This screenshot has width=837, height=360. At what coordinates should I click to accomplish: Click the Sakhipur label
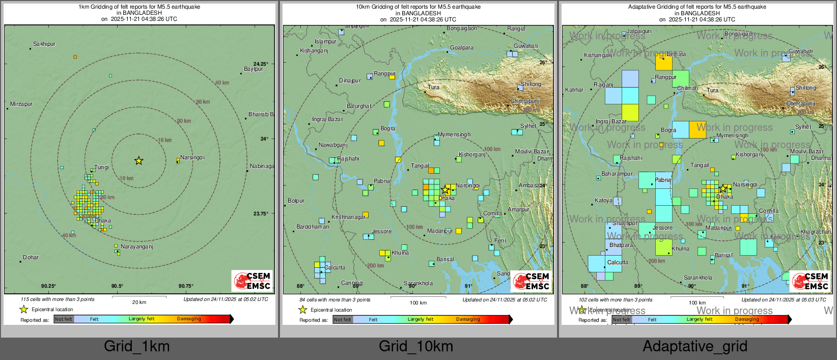point(44,44)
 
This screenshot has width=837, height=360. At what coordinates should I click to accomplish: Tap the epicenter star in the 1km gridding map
point(138,161)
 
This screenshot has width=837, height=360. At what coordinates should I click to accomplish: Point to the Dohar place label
point(31,258)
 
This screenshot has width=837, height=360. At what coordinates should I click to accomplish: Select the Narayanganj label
point(136,247)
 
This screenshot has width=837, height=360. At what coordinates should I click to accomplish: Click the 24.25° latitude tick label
point(260,64)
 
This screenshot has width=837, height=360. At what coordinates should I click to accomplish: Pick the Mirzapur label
point(21,104)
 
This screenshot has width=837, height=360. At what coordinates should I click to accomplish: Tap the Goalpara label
point(462,48)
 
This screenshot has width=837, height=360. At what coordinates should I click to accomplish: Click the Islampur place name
point(325,42)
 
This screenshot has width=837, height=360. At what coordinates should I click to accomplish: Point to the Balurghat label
point(359,106)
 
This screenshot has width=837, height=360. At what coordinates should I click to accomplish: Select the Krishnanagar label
point(348,217)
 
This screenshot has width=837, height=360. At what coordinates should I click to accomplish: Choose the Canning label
point(352,283)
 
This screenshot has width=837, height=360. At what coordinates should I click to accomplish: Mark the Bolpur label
point(296,201)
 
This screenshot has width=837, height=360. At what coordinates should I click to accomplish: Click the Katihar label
point(574,90)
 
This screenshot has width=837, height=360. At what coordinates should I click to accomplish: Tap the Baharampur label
point(617,174)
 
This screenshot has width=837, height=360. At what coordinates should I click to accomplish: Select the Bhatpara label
point(621,245)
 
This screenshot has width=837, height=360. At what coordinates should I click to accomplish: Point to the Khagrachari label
point(815,232)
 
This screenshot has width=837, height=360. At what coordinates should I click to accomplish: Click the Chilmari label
point(688,89)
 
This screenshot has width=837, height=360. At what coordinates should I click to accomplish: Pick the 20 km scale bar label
point(139,302)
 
